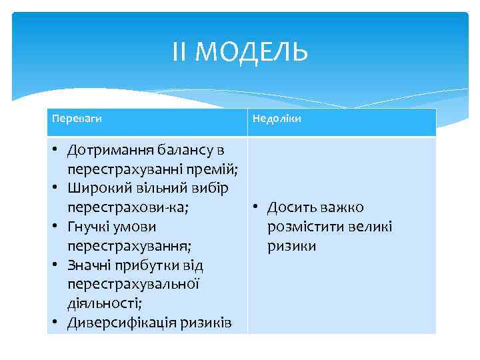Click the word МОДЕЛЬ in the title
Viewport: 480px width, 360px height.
(x=253, y=52)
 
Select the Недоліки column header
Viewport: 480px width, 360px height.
(x=276, y=118)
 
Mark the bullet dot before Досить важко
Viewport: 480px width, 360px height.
(x=256, y=208)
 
